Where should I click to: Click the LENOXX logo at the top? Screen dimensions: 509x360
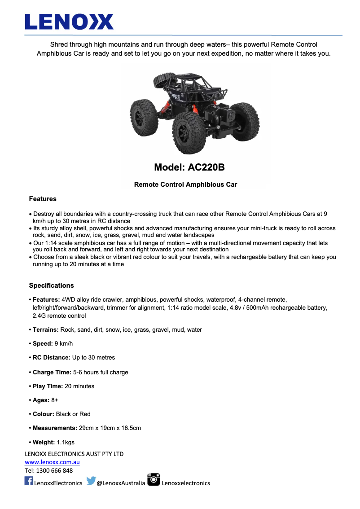(69, 22)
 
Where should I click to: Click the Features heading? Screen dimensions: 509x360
(43, 199)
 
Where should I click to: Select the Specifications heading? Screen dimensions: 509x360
(51, 285)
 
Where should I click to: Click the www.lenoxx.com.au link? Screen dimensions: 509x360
(52, 462)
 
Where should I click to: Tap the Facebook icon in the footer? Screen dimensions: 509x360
(29, 481)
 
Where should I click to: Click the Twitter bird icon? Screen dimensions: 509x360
(91, 481)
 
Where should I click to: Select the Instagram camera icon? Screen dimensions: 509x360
(154, 479)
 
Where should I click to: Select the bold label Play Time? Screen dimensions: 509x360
(48, 386)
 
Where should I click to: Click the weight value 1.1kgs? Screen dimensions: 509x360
(66, 443)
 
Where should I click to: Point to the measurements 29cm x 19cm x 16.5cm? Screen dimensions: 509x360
(110, 428)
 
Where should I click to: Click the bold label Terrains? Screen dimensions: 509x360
(45, 329)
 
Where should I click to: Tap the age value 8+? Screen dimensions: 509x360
(55, 400)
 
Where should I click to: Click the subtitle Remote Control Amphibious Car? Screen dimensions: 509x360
(185, 184)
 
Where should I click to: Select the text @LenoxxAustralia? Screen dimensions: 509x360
(121, 483)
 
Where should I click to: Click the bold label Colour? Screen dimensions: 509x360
(43, 414)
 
